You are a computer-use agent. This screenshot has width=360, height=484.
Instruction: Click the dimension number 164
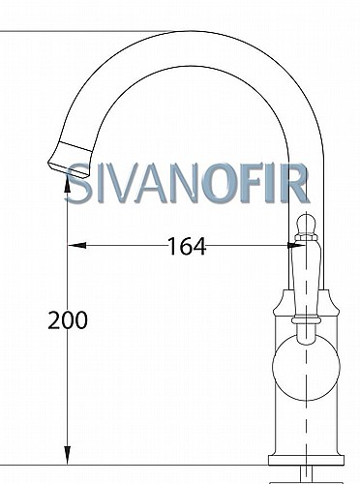(x=187, y=246)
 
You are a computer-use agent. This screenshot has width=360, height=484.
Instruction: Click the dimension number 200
(x=68, y=320)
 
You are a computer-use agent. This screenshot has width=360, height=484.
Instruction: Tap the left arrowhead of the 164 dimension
(x=76, y=246)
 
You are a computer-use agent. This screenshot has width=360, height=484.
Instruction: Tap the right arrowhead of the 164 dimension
(x=296, y=246)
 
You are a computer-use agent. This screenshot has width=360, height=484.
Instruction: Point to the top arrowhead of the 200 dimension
(x=67, y=185)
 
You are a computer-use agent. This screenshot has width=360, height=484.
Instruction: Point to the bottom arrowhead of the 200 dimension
(x=67, y=456)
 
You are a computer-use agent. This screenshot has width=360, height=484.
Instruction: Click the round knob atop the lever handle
(x=306, y=224)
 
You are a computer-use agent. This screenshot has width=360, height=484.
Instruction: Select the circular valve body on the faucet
(x=306, y=368)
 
